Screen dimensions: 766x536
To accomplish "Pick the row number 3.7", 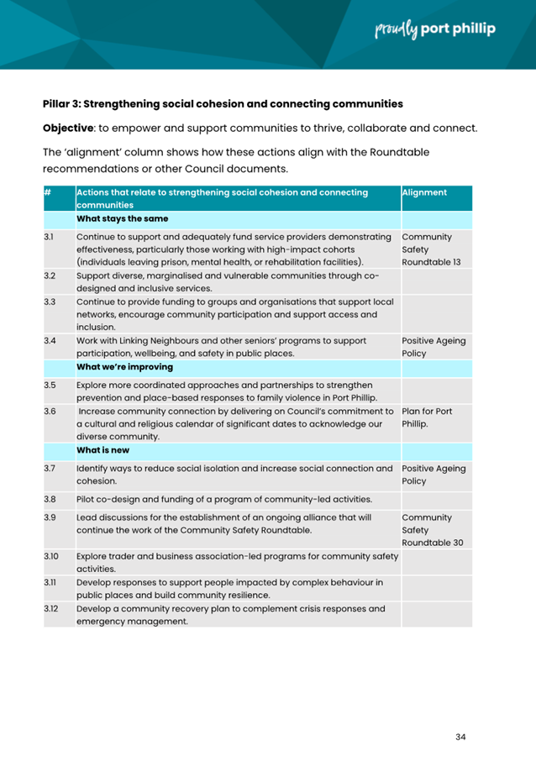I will [x=50, y=468].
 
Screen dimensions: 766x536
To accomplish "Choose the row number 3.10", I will [x=51, y=556].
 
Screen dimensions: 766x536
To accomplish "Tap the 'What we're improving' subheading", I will [x=125, y=366].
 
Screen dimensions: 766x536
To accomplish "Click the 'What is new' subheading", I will [x=102, y=450].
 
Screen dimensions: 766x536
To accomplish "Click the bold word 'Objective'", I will [x=71, y=129].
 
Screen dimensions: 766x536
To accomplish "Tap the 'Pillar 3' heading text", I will [x=223, y=104].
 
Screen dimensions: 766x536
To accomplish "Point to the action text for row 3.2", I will [x=228, y=281].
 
